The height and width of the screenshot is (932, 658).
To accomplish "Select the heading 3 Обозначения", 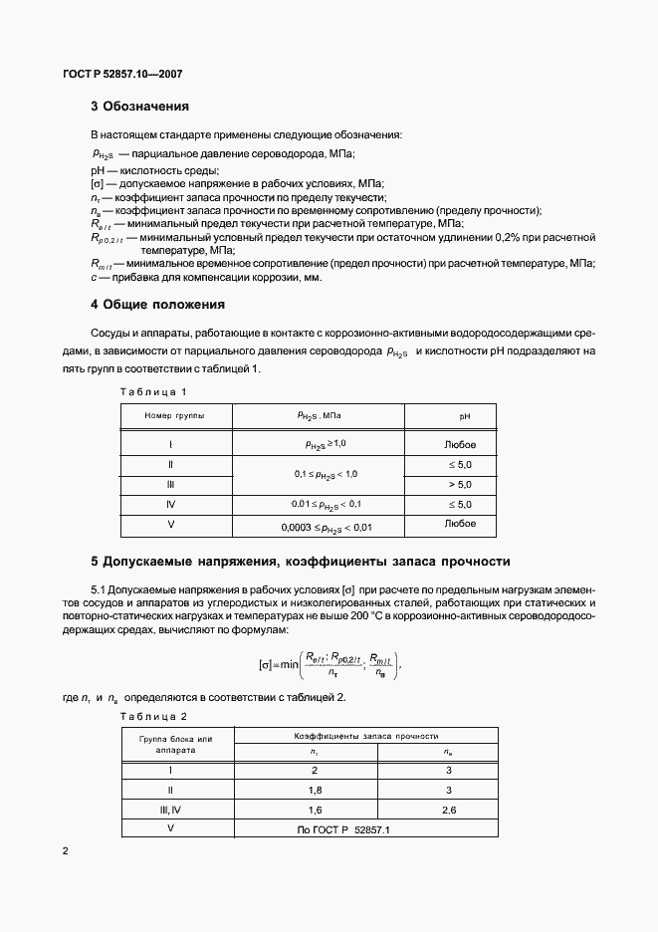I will [139, 107].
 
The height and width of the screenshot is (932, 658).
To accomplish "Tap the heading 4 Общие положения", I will [157, 305].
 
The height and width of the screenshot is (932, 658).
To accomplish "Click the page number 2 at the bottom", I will [66, 851].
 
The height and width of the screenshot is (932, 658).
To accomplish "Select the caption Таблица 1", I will [153, 391].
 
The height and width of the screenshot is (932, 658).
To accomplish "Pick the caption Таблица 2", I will [153, 715].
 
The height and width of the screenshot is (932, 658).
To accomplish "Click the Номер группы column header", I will [174, 415].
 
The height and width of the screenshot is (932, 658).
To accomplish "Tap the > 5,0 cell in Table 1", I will [460, 484].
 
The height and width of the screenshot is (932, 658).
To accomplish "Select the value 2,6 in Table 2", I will [448, 810].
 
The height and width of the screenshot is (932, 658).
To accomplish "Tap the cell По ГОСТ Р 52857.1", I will [343, 828].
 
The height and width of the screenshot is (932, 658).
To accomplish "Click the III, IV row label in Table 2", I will [172, 810].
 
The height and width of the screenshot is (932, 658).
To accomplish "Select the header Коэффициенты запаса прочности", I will [366, 735].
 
